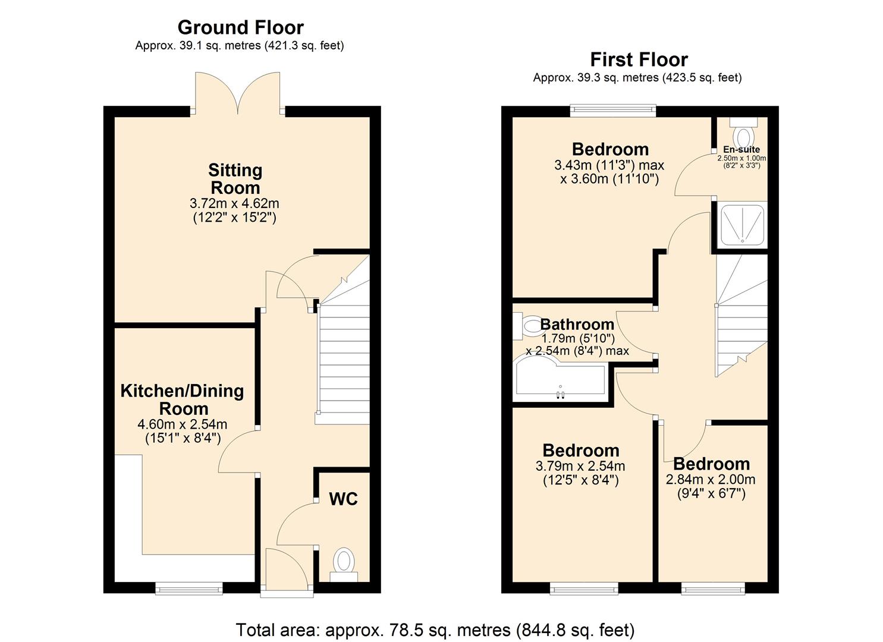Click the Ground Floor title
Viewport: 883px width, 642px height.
[240, 27]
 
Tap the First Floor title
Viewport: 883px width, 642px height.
[639, 59]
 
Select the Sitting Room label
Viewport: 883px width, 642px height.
[235, 179]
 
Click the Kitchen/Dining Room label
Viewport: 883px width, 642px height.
[183, 399]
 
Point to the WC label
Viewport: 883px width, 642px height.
[344, 499]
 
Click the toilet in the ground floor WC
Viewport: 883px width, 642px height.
[344, 563]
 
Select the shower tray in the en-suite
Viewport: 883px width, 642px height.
[743, 224]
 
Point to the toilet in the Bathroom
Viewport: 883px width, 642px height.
[527, 326]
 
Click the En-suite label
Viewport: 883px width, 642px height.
[741, 150]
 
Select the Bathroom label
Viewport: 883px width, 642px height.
[577, 325]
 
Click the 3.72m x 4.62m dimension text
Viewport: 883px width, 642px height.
[234, 204]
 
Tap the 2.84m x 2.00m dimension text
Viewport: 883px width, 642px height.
[711, 480]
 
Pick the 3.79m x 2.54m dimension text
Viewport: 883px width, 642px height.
[580, 467]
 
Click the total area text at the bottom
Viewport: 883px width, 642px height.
[435, 630]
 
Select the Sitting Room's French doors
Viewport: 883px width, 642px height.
[238, 94]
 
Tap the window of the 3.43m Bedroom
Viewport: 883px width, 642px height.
[612, 111]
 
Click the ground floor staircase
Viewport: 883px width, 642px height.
[344, 357]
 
